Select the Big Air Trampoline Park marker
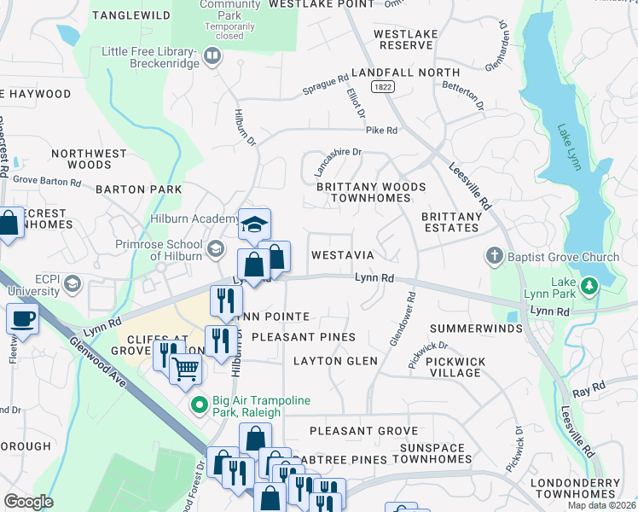(200, 405)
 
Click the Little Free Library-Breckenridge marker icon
(212, 57)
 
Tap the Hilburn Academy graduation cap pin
(254, 224)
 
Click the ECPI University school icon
(73, 283)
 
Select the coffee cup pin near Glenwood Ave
(22, 319)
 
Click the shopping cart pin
(184, 369)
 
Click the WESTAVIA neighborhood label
(344, 255)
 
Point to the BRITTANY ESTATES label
(450, 222)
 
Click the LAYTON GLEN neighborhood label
(335, 361)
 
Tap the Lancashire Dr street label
(335, 153)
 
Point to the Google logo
(29, 502)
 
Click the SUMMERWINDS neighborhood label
(476, 329)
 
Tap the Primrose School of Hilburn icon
(215, 248)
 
